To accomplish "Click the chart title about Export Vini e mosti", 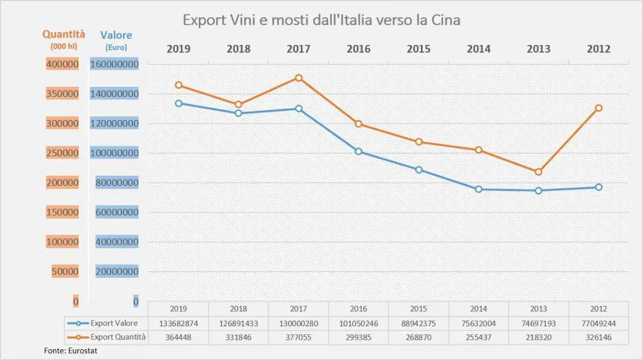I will pos(322,20).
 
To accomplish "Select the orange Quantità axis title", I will pos(64,34).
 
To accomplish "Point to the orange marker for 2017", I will pos(299,78).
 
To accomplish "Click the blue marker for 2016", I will pos(358,152).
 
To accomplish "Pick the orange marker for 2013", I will pos(539,172).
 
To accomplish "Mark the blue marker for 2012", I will pos(599,187).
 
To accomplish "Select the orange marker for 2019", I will pos(178,85).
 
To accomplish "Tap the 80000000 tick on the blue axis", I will pos(117,183).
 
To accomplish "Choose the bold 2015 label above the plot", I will pos(418,49).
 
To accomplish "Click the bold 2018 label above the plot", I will pos(238,49).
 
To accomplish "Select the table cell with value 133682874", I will pos(178,323).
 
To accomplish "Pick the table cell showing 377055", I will pos(298,337).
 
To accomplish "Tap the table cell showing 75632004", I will pos(478,323).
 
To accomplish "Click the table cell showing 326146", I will pos(599,337).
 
